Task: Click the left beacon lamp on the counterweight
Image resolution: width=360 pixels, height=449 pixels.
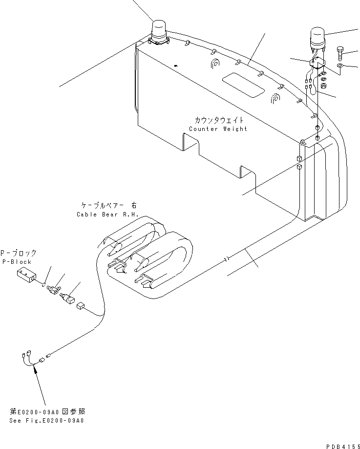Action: pos(159,32)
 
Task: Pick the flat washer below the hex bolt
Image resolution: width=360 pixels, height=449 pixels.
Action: pos(340,65)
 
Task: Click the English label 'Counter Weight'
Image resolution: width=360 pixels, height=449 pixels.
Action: pos(218,129)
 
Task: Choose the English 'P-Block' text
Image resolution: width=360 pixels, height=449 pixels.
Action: pos(16,262)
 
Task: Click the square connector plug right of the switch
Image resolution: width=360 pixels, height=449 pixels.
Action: pos(82,306)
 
